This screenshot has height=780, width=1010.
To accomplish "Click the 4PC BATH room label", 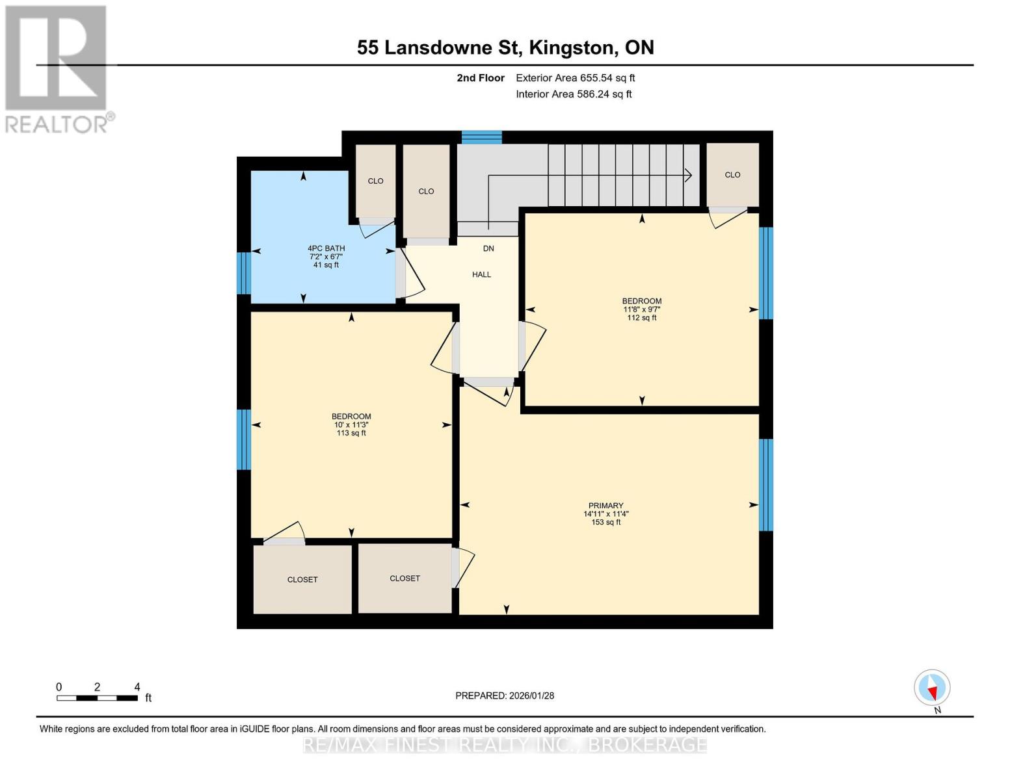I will click(x=326, y=248).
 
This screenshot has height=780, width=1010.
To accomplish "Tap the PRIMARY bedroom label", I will click(x=605, y=506).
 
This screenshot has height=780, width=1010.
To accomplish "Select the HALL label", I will click(x=481, y=274).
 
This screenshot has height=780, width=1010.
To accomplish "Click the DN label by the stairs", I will click(x=488, y=248).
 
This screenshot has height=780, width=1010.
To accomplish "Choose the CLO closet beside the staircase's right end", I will click(x=732, y=175).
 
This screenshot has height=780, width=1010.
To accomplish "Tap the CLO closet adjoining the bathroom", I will click(x=375, y=181).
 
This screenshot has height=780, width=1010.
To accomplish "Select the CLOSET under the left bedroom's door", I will click(x=302, y=579).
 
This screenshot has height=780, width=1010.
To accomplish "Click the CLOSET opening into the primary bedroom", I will click(x=405, y=578).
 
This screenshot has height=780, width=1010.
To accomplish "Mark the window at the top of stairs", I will click(x=482, y=137).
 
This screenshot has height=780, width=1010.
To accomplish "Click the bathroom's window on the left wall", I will click(x=243, y=273).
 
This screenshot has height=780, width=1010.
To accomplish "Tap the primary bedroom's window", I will click(x=766, y=485).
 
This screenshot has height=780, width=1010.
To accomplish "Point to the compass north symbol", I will click(x=932, y=688).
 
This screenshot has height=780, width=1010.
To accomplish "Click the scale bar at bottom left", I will click(x=98, y=698).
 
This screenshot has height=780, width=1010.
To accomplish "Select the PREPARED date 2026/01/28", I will click(x=505, y=695).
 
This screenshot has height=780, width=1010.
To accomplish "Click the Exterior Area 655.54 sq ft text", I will click(x=575, y=78).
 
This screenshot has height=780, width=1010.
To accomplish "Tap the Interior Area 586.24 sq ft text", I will click(x=574, y=94).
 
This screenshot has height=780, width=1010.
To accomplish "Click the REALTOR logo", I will click(x=57, y=68).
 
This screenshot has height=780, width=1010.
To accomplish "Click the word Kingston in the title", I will click(x=571, y=47).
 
